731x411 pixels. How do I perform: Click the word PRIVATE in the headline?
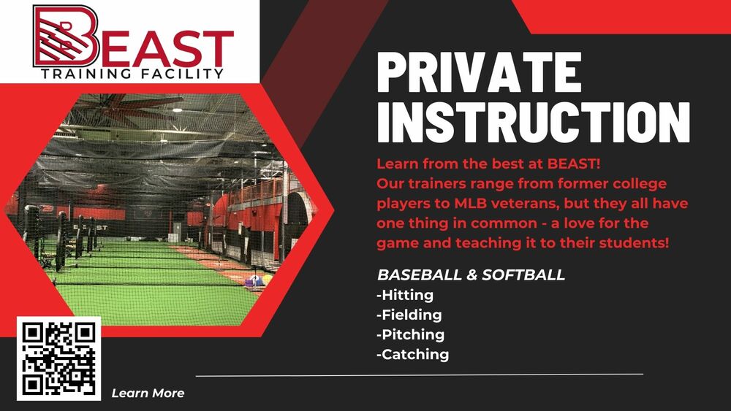pyautogui.click(x=480, y=72)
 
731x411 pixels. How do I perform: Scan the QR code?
pyautogui.click(x=58, y=358)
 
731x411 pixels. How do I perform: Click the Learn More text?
pyautogui.click(x=148, y=393)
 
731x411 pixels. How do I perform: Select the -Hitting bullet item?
pyautogui.click(x=405, y=295)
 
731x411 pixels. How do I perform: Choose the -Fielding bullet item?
pyautogui.click(x=409, y=315)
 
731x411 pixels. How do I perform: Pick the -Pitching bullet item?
pyautogui.click(x=411, y=335)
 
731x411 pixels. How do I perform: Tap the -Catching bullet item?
pyautogui.click(x=413, y=355)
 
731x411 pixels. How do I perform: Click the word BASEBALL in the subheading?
pyautogui.click(x=419, y=274)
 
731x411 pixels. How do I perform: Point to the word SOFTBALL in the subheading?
pyautogui.click(x=523, y=274)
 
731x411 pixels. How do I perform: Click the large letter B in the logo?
pyautogui.click(x=66, y=37)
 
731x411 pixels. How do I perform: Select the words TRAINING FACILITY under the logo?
pyautogui.click(x=132, y=74)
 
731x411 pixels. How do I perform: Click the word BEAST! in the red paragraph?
pyautogui.click(x=573, y=164)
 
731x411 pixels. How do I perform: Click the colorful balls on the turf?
pyautogui.click(x=258, y=280)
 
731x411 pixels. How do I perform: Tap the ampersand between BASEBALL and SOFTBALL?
pyautogui.click(x=471, y=274)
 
